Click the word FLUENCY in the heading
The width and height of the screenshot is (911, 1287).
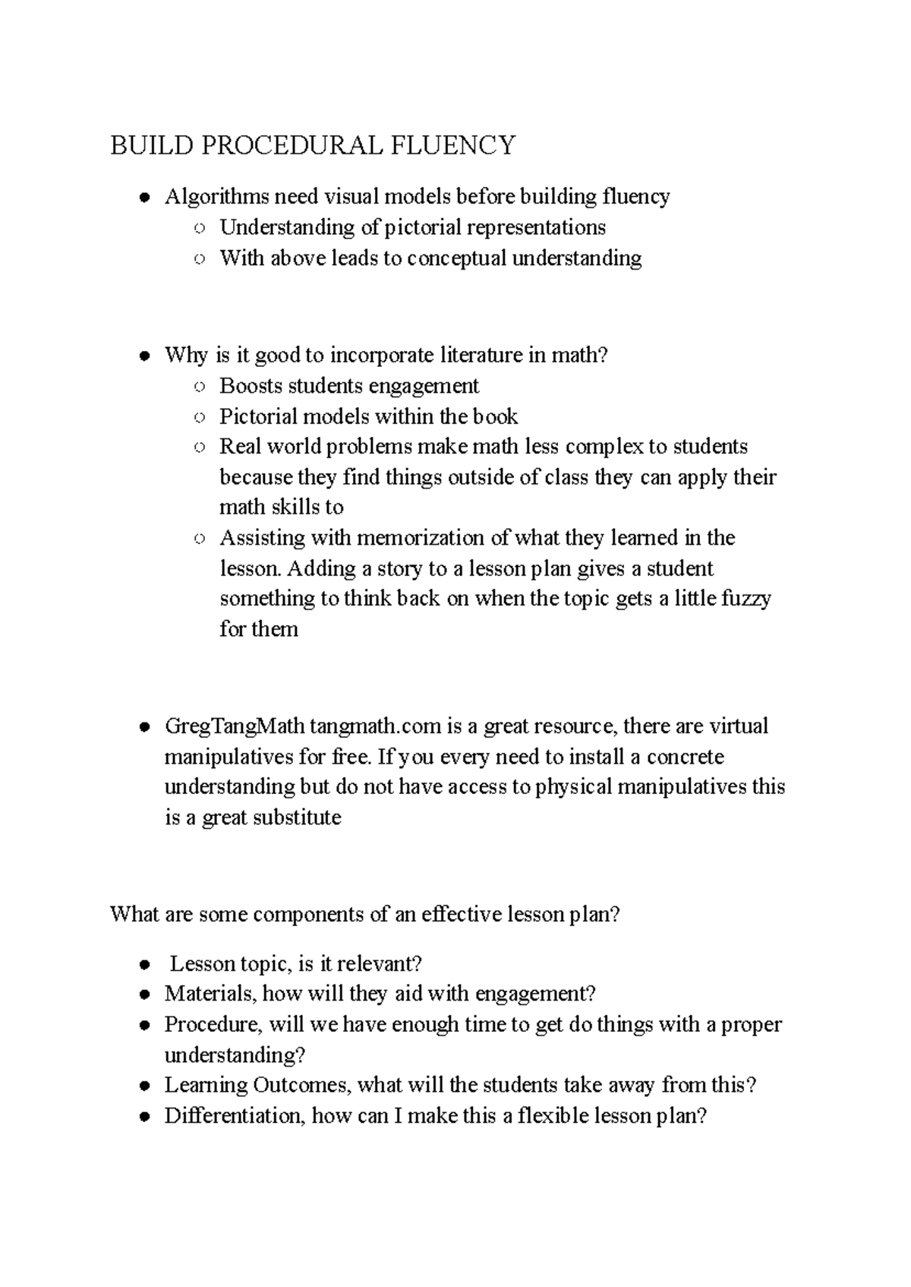453,144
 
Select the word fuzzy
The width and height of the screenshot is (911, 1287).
749,599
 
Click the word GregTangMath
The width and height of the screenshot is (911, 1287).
235,726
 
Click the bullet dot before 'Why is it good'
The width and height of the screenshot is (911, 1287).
143,356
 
